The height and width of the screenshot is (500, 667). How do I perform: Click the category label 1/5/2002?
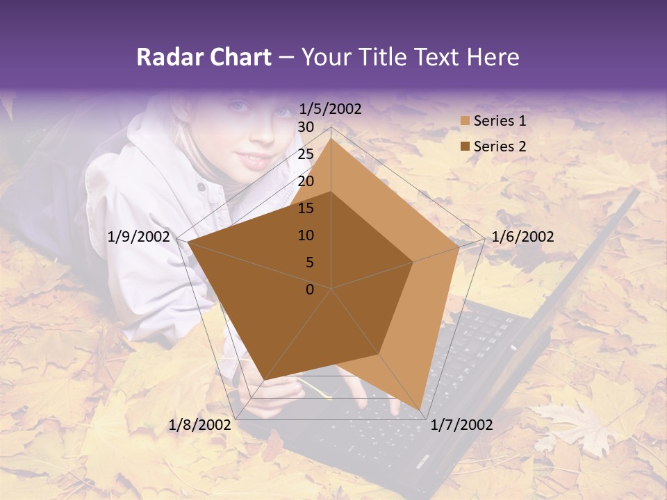pos(331,109)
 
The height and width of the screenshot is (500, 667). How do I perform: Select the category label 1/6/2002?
pos(522,237)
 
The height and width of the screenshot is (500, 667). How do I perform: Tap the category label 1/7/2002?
pos(461,425)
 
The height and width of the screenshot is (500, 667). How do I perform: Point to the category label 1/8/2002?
pos(200,425)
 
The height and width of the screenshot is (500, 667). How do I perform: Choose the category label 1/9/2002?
pos(139,237)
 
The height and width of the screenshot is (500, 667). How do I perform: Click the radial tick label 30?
pos(306,127)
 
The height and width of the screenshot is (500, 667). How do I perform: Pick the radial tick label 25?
pos(306,154)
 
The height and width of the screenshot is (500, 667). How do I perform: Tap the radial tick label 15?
pos(306,208)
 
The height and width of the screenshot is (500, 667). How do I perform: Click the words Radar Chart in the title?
pos(204,57)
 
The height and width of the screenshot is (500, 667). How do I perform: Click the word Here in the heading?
pos(493,57)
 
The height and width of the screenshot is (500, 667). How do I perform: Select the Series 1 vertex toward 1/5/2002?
pos(331,139)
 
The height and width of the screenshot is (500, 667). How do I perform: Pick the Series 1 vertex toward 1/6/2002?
pos(459,247)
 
